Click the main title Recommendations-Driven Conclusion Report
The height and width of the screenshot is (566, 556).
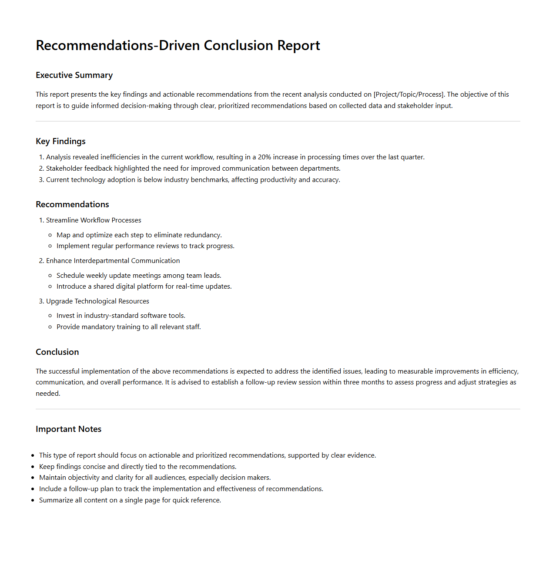click(178, 46)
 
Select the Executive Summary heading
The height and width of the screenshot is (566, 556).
click(74, 75)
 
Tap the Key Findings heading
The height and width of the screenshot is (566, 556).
click(60, 141)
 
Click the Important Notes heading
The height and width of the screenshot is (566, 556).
click(68, 429)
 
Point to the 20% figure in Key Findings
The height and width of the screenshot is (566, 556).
click(265, 157)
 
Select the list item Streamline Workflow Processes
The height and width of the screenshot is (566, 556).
click(94, 220)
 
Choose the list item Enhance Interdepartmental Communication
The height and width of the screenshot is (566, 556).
click(113, 261)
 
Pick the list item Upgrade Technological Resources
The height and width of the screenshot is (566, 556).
click(97, 301)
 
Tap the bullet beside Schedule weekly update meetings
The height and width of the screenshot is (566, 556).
click(50, 276)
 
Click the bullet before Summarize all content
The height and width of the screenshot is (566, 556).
click(33, 501)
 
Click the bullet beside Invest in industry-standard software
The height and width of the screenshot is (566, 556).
click(50, 316)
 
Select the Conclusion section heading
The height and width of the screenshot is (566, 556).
click(57, 352)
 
